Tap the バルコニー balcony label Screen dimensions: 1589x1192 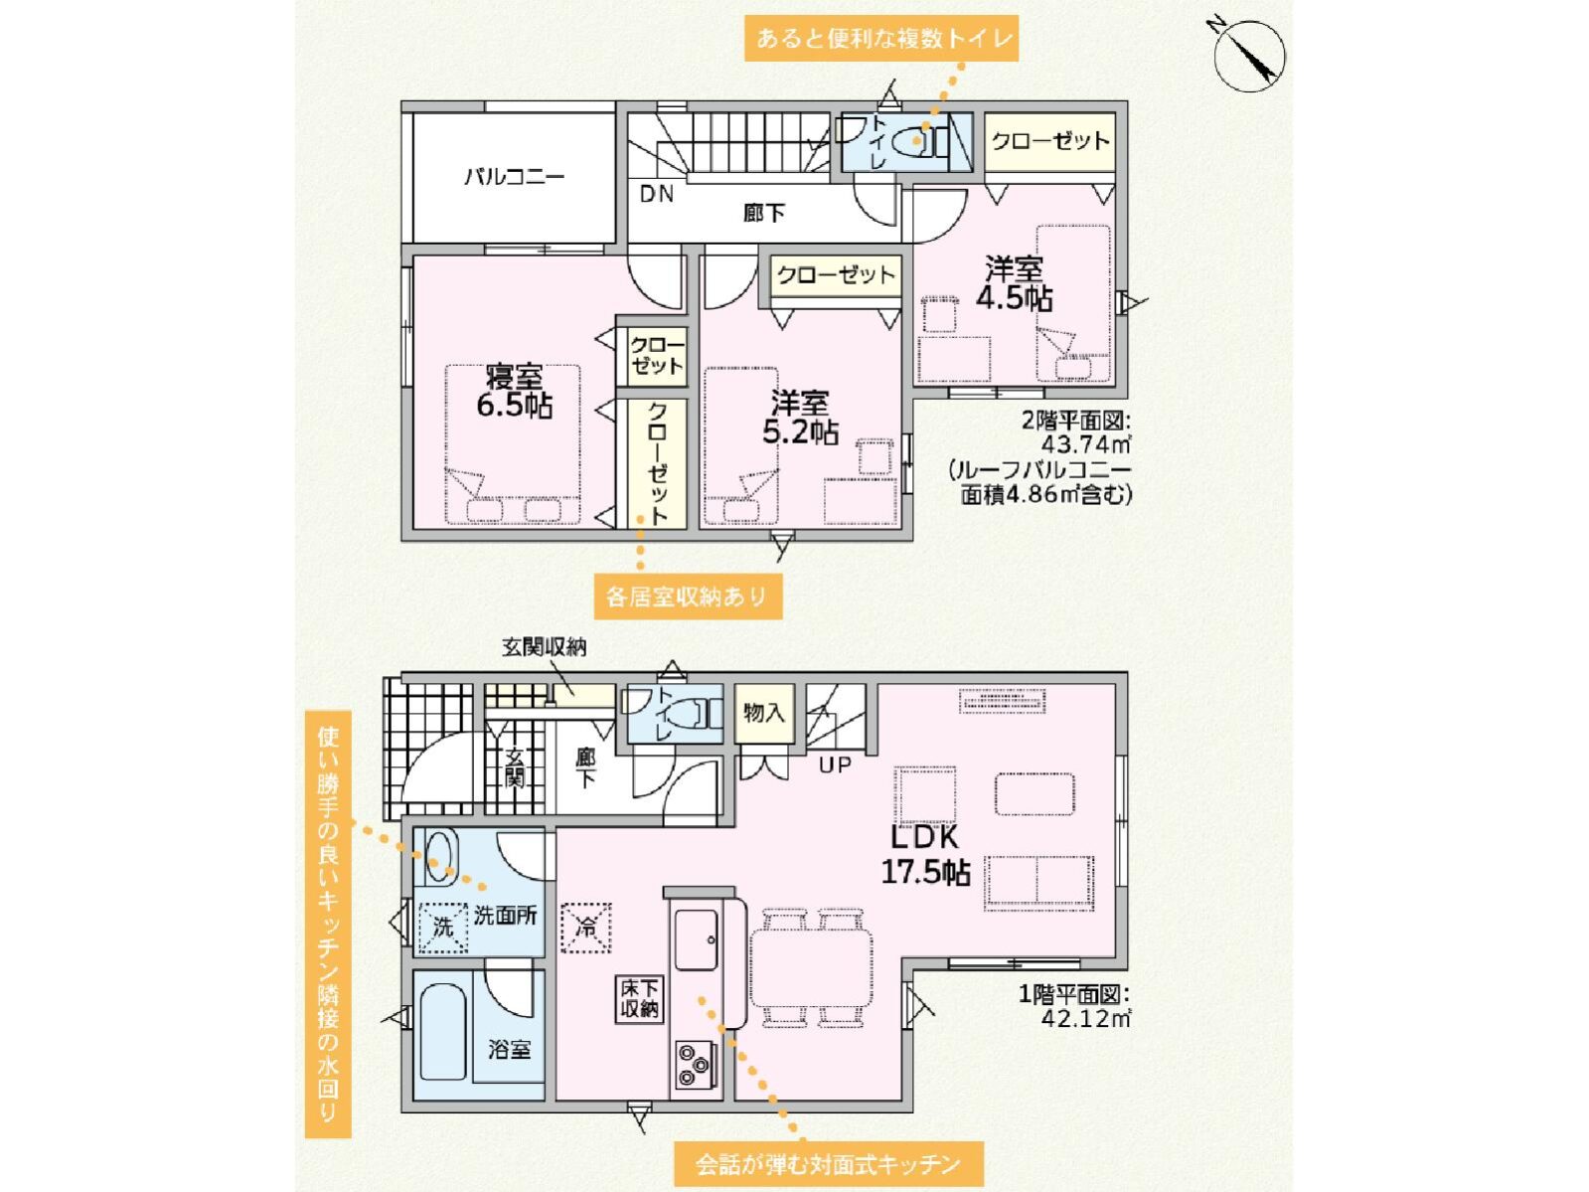point(514,176)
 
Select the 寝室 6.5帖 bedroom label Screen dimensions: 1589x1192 point(513,393)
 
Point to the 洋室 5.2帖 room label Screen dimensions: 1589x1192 point(800,418)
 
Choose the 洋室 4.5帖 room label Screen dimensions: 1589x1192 point(1014,284)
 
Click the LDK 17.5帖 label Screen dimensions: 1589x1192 point(924,855)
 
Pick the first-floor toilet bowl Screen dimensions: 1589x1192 point(687,713)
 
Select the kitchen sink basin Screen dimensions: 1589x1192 point(696,940)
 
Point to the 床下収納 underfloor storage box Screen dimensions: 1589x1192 point(639,999)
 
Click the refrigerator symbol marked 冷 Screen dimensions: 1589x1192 point(585,927)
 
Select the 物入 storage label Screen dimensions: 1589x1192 point(764,714)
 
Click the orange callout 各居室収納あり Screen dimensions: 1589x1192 point(687,596)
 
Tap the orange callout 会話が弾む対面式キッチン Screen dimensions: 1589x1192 point(828,1164)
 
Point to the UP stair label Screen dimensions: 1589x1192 point(835,765)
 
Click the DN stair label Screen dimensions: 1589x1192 point(657,194)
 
